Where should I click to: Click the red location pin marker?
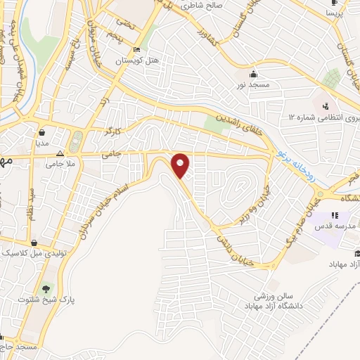click(x=181, y=165)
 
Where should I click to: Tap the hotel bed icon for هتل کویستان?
click(x=136, y=49)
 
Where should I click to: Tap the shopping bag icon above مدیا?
click(x=43, y=131)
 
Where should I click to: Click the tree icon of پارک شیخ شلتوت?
click(x=46, y=288)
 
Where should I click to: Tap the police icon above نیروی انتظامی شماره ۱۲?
click(x=325, y=107)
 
